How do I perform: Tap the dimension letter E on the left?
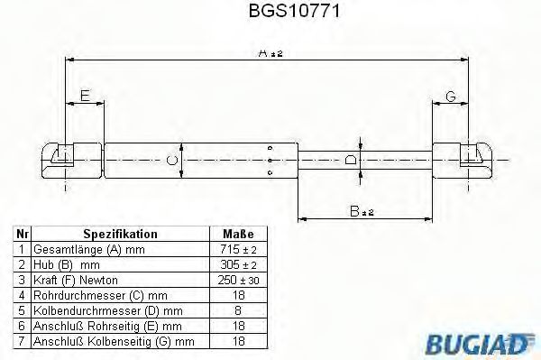coord(84,95)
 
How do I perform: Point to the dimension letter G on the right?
coord(451,95)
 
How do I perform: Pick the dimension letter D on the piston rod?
coord(353,161)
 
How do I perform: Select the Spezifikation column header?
coord(120,233)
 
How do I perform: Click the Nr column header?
coord(23,233)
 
